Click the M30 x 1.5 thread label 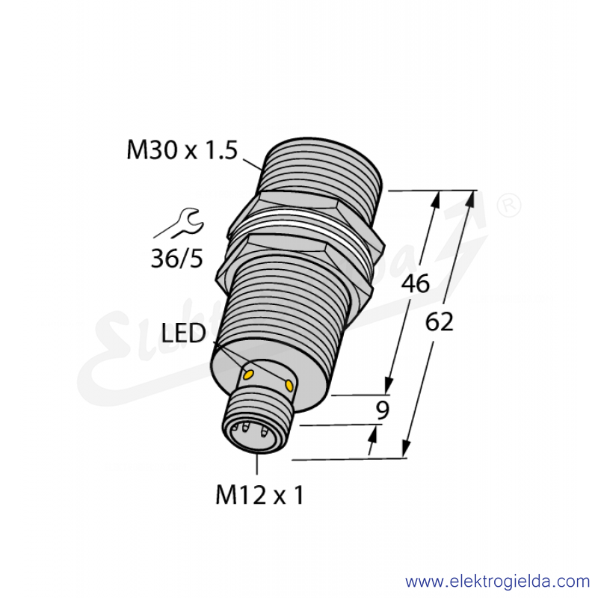coord(182,150)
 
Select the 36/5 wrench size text coord(177,259)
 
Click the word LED coord(183,333)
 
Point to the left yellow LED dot coord(248,375)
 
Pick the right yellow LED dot coord(289,385)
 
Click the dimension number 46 coord(416,284)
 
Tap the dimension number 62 coord(439,321)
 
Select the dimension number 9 coord(382,410)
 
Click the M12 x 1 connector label coord(259,495)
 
